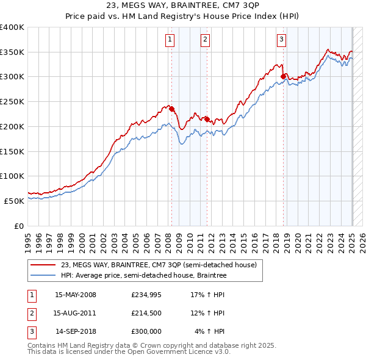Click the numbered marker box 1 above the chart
click(169, 40)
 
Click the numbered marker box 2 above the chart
click(205, 40)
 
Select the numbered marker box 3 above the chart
click(281, 40)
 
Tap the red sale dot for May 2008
click(171, 109)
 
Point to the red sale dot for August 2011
click(207, 119)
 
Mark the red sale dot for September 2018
click(284, 76)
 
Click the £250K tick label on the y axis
click(12, 101)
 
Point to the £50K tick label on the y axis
click(15, 200)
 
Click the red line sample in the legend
click(43, 265)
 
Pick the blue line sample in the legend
click(43, 275)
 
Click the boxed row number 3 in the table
click(31, 331)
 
